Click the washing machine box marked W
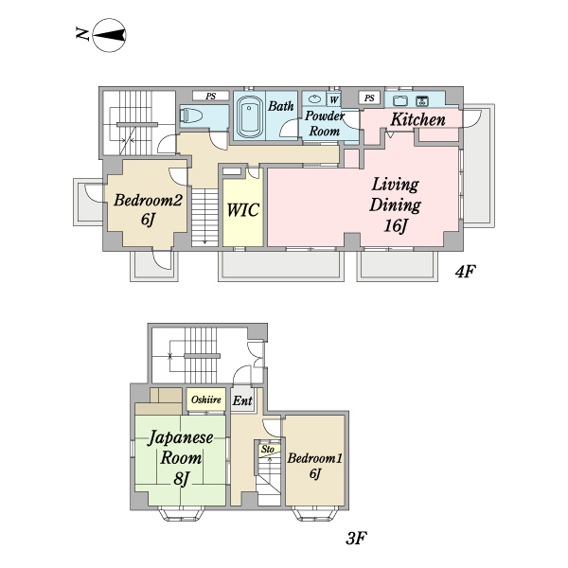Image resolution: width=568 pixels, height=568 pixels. (333, 99)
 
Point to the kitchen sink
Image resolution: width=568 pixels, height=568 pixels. (400, 100)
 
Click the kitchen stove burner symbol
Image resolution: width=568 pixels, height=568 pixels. (422, 101)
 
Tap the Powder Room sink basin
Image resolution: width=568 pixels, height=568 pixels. (314, 98)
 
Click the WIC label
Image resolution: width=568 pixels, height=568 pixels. (242, 210)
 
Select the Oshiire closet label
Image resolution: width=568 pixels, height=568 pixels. (206, 399)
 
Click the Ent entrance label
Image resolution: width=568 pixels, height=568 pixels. (242, 400)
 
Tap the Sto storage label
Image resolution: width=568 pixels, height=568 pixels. (268, 449)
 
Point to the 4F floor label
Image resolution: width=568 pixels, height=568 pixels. (465, 271)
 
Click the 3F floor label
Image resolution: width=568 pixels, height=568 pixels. (357, 538)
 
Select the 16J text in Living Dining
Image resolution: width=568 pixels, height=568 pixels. (396, 226)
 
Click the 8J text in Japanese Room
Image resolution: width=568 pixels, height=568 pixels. (181, 478)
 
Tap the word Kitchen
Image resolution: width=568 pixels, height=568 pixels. (417, 119)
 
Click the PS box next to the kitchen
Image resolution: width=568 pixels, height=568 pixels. (369, 98)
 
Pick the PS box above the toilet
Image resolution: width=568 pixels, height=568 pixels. (210, 96)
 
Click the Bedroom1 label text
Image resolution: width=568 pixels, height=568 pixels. (315, 458)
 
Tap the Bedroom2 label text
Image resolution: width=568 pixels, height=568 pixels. (148, 200)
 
